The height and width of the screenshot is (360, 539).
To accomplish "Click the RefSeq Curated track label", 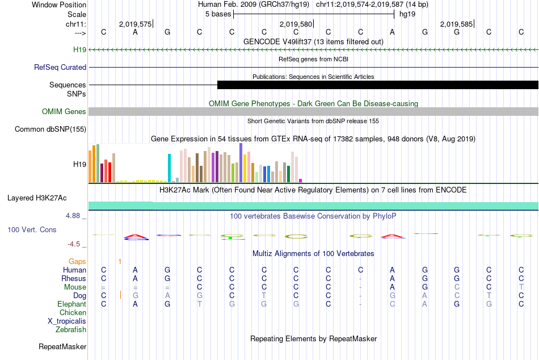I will pos(60,68).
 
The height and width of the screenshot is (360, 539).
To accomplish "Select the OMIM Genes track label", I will pos(64,112).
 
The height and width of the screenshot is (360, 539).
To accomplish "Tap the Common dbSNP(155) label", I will pos(50,129).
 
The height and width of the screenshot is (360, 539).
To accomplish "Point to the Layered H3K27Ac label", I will pos(37,198).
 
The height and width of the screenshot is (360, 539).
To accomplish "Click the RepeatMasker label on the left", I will pos(62,346).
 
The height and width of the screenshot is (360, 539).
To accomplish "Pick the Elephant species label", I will pos(71,304).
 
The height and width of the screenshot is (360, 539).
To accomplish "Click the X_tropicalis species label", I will pos(67,321).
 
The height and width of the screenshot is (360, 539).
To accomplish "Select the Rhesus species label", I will pos(74,279).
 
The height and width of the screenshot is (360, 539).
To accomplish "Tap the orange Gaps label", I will pos(77,262).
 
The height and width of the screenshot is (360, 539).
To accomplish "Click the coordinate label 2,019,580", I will pos(296,24).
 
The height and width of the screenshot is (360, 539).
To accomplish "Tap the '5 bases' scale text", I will pos(218,14).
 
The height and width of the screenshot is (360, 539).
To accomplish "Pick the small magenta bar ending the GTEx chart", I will pos(301,181).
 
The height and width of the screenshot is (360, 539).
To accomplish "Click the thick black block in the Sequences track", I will pos(378,85).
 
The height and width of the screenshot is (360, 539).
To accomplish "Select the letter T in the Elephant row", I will pos(199,304).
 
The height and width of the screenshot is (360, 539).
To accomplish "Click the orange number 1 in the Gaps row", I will pos(120,262).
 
